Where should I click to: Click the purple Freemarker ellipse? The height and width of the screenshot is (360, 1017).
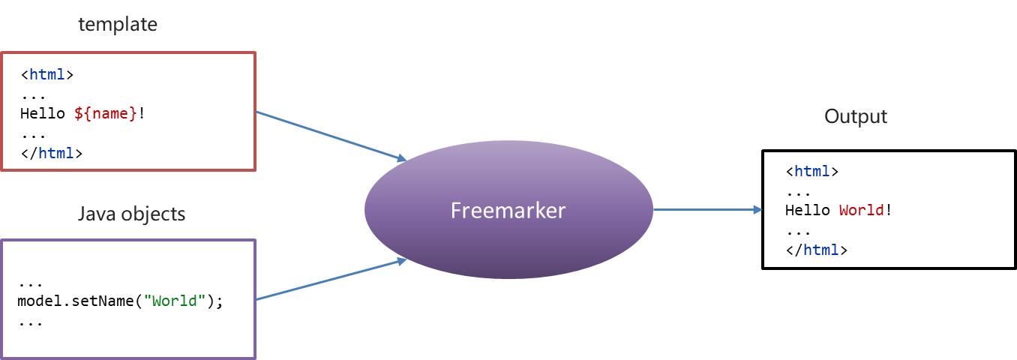coord(508,210)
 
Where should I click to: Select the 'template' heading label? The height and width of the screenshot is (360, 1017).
coord(118,25)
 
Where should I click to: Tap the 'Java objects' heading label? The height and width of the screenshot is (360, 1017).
coord(131,214)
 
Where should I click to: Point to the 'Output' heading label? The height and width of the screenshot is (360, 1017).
coord(855,117)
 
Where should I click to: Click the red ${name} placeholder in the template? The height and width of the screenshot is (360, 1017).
coord(106,114)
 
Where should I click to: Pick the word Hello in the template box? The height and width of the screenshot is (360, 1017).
coord(42,114)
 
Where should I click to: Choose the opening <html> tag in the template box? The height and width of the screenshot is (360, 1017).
coord(46,74)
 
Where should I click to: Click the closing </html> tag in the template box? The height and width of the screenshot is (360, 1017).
coord(51,153)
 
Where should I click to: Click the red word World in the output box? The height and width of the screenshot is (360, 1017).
coord(862,210)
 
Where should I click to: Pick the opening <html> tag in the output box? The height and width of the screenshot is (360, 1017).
coord(812,171)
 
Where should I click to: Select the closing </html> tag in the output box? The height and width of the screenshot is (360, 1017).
coord(817,250)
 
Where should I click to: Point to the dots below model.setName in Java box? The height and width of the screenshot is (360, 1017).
coord(30,322)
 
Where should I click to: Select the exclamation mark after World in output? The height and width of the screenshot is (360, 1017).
coord(889,210)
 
